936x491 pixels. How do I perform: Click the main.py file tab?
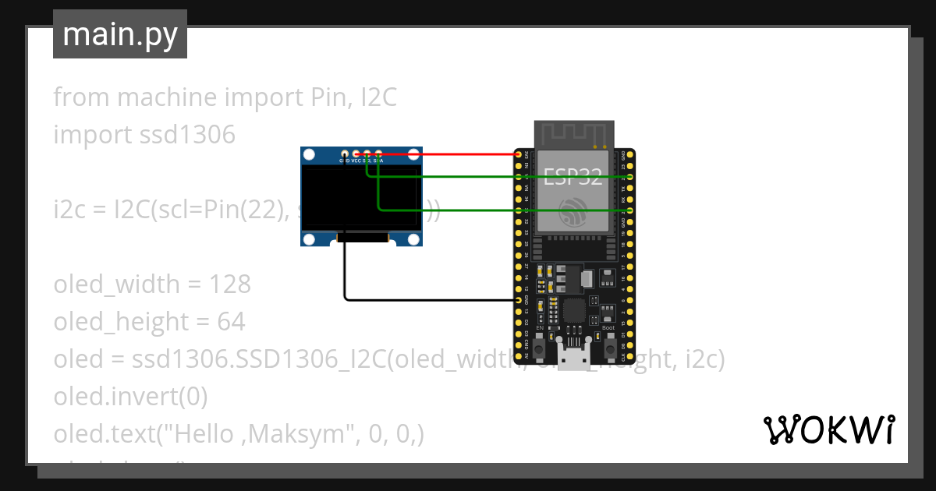(119, 34)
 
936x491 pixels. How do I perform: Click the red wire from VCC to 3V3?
(445, 154)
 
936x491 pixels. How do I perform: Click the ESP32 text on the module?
(573, 177)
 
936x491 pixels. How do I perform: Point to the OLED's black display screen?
(361, 198)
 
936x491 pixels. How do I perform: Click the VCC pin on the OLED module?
(356, 154)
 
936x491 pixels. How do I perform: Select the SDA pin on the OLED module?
(378, 154)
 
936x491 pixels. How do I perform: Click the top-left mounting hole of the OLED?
(309, 155)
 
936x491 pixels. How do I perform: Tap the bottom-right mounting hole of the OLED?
(413, 238)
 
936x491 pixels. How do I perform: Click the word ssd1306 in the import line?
(187, 135)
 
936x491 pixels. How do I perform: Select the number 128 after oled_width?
(230, 284)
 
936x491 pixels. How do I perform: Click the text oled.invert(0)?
(130, 397)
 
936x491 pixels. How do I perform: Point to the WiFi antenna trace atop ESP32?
(573, 133)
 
